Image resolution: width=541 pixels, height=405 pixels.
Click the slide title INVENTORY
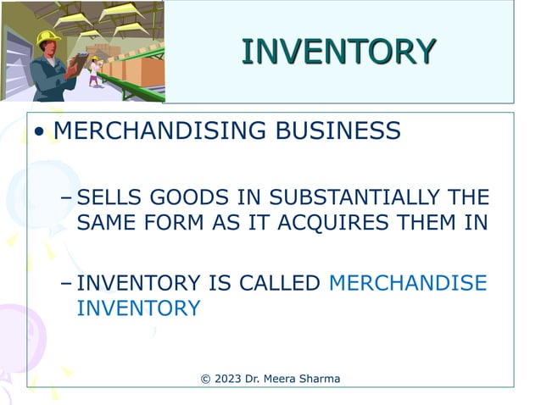tap(338, 52)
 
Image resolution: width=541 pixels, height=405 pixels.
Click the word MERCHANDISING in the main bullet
tap(153, 131)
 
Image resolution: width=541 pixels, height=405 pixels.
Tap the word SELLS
tap(109, 198)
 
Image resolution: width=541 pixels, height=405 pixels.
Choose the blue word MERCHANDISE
tap(408, 283)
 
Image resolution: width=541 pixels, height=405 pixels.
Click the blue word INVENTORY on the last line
tap(138, 308)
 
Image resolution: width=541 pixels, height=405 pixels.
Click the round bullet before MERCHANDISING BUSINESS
tap(39, 133)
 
